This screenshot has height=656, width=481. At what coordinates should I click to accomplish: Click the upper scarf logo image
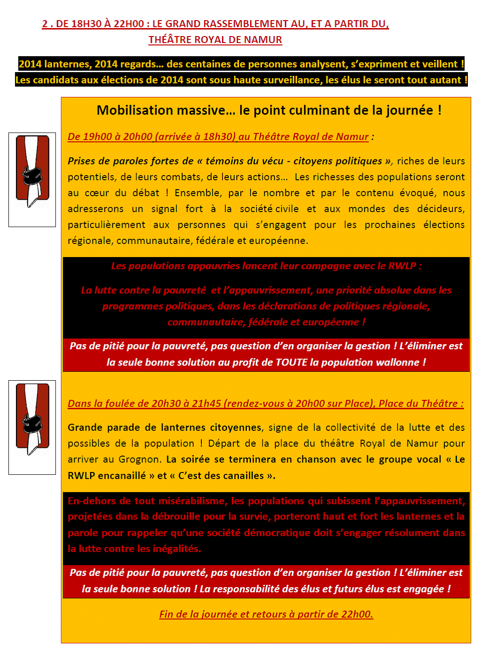point(32,179)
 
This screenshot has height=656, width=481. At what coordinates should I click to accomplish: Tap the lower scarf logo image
point(32,427)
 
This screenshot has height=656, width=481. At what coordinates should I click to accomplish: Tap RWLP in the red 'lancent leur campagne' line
point(402,266)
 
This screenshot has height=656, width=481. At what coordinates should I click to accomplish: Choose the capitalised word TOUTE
point(291,362)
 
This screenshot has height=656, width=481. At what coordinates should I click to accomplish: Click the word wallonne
point(400,362)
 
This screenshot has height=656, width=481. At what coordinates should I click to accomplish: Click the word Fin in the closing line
point(166,614)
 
